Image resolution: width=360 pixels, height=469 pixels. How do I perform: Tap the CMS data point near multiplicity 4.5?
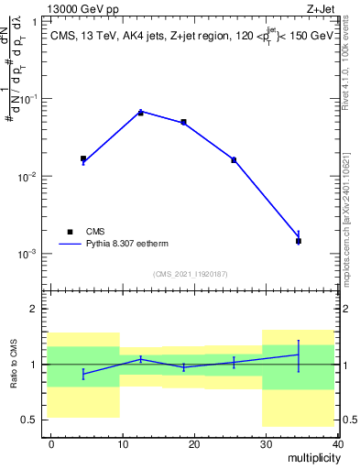point(83,158)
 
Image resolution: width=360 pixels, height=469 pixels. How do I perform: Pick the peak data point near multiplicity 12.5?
point(140,113)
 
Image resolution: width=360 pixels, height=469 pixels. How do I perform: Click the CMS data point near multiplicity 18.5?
point(183,122)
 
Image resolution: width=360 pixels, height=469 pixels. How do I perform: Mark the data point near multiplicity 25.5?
point(234,160)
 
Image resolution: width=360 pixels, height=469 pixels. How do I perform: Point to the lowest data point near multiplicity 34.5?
point(299,241)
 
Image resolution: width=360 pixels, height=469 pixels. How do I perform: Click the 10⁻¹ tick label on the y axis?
point(28,98)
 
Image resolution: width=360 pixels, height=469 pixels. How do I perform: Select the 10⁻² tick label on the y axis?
point(28,176)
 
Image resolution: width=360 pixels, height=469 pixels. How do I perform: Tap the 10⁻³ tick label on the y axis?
point(28,254)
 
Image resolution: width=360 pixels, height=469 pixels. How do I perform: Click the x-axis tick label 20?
point(194,443)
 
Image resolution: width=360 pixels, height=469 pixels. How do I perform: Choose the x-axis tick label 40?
point(338,443)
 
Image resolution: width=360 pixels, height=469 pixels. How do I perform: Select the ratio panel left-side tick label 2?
point(35,309)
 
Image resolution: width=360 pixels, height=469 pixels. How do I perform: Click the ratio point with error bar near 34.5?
point(299,354)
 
